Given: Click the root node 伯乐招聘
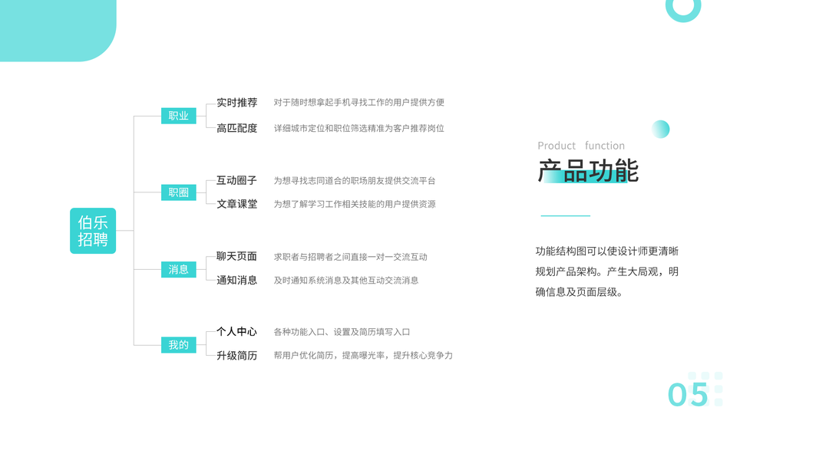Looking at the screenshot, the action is tap(93, 231).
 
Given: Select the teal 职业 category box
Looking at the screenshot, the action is tap(178, 116).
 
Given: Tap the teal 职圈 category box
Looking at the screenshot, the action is tap(178, 192).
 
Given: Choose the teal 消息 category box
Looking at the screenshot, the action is tap(178, 269).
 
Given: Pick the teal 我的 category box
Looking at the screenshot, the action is tap(178, 345).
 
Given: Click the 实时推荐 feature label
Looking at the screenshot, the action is tap(236, 103).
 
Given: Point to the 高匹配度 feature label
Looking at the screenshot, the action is tap(236, 128).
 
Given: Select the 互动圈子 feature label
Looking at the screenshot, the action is tap(236, 180).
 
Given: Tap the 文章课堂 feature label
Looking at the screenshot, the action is tap(236, 204).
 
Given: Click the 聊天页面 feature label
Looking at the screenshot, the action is tap(236, 256).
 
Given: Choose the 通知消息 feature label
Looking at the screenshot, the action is tap(236, 280).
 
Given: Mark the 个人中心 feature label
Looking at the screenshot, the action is tap(236, 332).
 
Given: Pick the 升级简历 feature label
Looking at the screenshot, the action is tap(236, 356).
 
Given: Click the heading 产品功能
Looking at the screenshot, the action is tap(587, 171).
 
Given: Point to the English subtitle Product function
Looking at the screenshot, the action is tap(581, 146).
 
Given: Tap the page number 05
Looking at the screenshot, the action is tap(688, 394).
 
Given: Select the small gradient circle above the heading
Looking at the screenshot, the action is tap(660, 129).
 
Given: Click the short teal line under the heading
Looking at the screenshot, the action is tap(565, 216).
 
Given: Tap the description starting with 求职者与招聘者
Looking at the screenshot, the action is tap(350, 257).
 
